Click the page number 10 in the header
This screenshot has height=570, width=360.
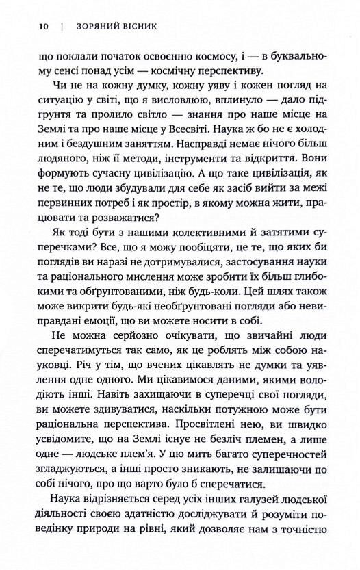pyautogui.click(x=44, y=29)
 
